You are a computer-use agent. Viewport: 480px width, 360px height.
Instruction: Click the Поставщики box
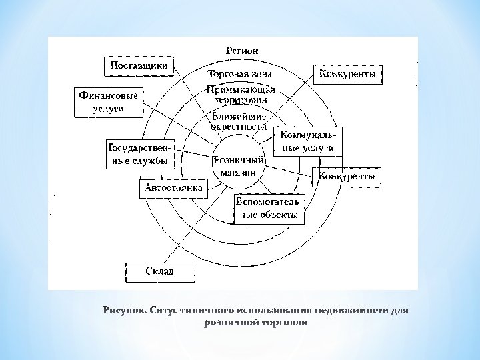click(139, 66)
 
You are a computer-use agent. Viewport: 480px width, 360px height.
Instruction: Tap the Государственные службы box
click(137, 154)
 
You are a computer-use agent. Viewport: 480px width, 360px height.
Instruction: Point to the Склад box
click(160, 271)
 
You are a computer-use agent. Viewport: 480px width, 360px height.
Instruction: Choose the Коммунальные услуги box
click(307, 141)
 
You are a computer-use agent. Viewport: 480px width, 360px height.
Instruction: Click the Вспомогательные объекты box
click(269, 209)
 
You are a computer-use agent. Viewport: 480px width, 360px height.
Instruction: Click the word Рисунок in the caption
click(125, 310)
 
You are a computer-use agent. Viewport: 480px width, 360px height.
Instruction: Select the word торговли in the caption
click(283, 323)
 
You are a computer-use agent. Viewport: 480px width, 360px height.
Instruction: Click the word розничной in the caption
click(227, 323)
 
